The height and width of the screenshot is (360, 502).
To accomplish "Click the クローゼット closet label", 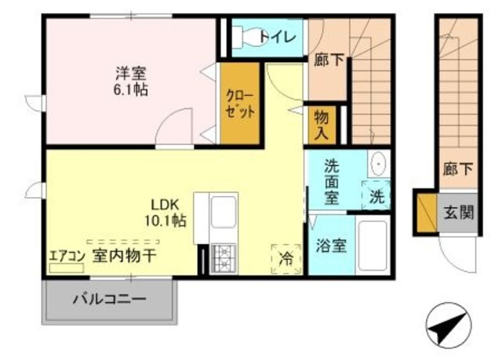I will [240, 104].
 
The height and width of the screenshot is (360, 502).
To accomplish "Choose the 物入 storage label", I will [322, 124].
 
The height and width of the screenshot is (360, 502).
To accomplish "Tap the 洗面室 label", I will [332, 181].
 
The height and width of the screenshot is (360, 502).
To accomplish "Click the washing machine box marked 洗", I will [376, 196].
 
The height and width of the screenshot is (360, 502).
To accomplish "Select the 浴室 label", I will [328, 245].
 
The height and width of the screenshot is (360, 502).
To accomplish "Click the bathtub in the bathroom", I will [372, 245].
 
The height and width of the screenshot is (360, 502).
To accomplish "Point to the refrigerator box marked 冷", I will [286, 258].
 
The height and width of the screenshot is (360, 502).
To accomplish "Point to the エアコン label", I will [66, 255].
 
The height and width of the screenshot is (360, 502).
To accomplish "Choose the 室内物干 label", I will [124, 255].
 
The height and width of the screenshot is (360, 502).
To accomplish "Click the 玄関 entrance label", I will [458, 212].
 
